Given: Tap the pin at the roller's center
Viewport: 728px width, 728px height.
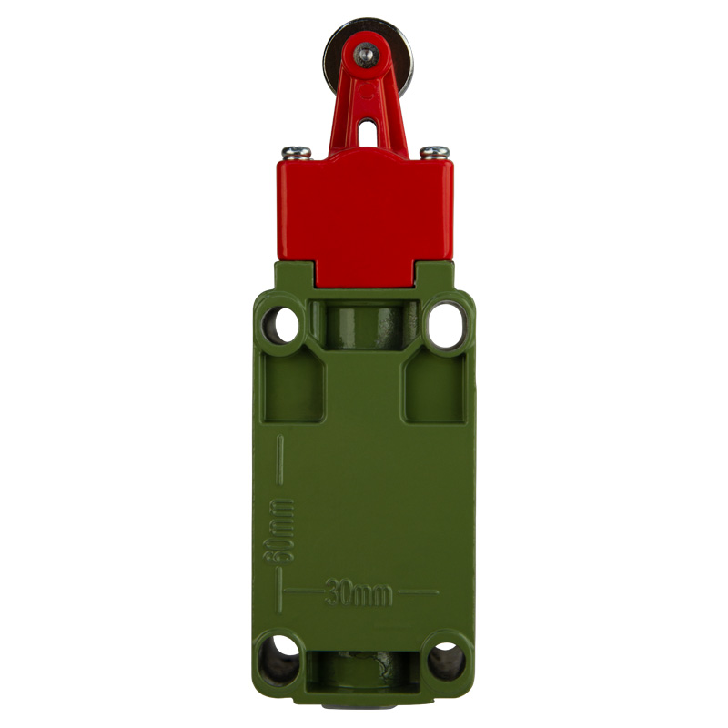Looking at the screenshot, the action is point(367,55).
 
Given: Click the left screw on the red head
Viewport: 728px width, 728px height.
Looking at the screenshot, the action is point(297,152).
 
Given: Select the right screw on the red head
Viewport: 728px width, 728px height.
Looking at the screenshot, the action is point(435,152).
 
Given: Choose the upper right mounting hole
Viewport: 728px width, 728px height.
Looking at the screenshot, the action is point(447,325).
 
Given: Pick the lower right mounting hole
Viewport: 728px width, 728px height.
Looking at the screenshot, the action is point(446,661).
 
